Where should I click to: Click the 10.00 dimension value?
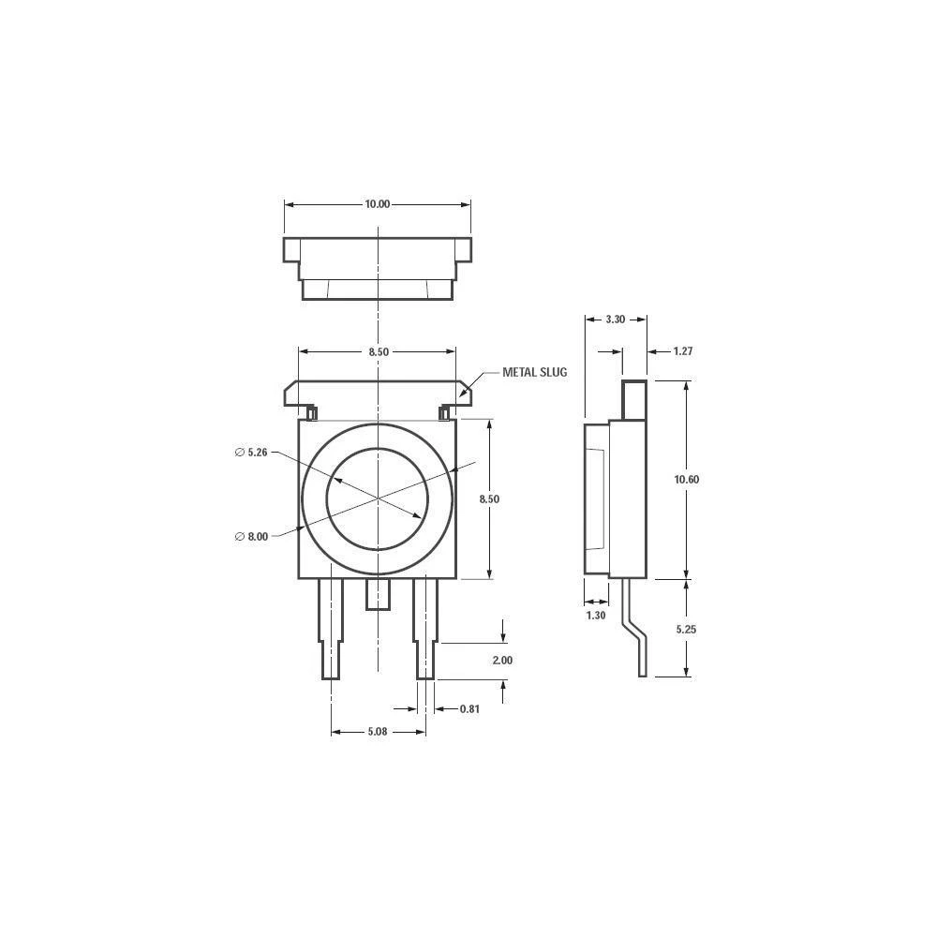pos(377,204)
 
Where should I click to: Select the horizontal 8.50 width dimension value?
pos(377,351)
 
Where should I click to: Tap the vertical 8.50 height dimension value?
pos(489,499)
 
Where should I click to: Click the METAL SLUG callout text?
pos(535,372)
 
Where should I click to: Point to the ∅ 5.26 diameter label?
pos(251,453)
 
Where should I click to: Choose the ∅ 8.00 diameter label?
pos(251,536)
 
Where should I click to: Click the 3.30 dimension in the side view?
pos(615,320)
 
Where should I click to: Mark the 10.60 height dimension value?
pos(687,479)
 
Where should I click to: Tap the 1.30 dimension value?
pos(595,616)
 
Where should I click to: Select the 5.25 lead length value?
pos(687,630)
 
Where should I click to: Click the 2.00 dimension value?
pos(502,661)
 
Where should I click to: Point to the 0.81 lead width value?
pos(469,709)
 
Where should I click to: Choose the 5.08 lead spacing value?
pos(377,732)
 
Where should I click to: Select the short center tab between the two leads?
pos(377,594)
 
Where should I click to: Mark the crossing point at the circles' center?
pos(378,498)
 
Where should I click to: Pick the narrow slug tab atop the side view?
pos(635,399)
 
